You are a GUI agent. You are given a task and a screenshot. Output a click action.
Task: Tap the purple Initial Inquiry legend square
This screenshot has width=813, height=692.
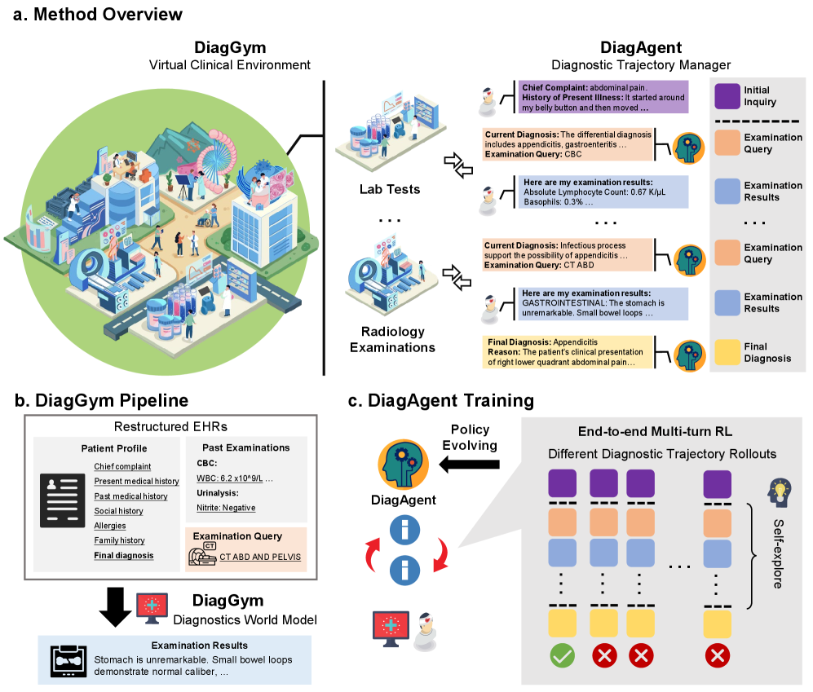727,96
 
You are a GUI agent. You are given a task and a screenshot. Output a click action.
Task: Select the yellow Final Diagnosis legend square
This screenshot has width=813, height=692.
727,352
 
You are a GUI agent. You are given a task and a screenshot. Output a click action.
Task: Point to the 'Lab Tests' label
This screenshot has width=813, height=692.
391,190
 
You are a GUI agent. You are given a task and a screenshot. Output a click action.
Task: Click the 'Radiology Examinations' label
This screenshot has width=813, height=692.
392,339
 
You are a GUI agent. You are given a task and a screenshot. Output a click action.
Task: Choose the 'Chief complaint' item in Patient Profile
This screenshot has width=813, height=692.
122,467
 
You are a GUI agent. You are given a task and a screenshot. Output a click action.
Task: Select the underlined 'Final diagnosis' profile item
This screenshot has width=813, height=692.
123,555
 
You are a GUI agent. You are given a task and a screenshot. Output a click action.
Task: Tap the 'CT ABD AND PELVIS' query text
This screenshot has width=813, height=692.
258,557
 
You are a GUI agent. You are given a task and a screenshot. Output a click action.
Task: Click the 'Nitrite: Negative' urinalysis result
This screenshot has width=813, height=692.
226,508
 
